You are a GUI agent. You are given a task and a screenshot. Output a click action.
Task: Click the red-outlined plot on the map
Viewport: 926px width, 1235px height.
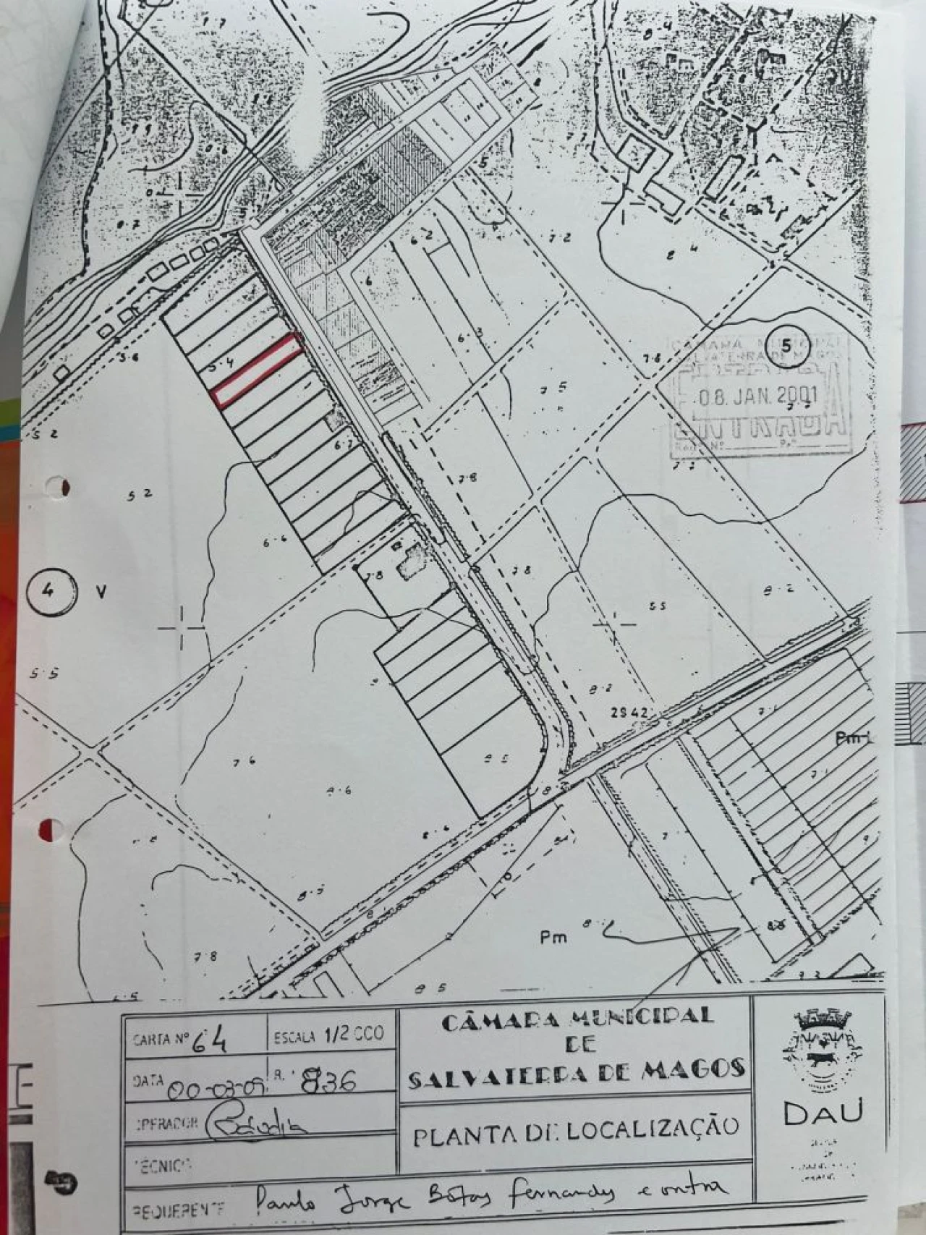258,369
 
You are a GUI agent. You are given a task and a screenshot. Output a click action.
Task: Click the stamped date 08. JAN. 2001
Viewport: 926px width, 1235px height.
757,396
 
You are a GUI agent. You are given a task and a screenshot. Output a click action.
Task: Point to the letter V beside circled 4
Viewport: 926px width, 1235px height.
101,592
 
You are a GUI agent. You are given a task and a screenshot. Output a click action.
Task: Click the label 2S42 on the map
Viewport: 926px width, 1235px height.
628,713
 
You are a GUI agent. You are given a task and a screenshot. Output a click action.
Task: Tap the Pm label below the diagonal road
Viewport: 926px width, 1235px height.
553,938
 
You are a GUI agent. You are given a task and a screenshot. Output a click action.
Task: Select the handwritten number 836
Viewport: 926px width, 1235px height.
331,1082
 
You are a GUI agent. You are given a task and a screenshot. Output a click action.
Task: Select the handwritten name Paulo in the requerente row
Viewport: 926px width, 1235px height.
286,1202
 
